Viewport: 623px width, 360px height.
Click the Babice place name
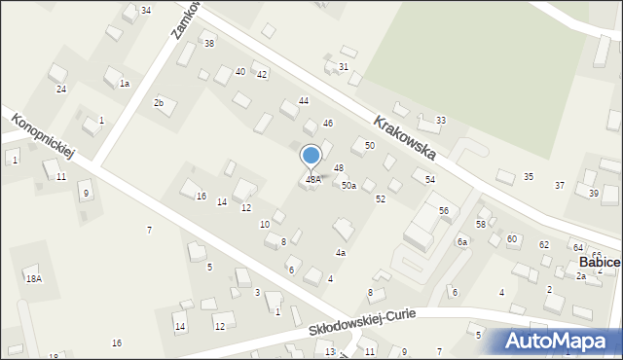pyautogui.click(x=600, y=263)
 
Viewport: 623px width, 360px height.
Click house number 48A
pyautogui.click(x=313, y=180)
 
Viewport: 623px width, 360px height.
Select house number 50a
pyautogui.click(x=348, y=186)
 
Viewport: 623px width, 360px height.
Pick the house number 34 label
pyautogui.click(x=146, y=11)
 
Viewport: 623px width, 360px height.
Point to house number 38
pyautogui.click(x=208, y=45)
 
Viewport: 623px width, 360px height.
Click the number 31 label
pyautogui.click(x=344, y=67)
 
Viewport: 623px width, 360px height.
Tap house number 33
pyautogui.click(x=441, y=121)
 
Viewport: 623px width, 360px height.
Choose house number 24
pyautogui.click(x=60, y=90)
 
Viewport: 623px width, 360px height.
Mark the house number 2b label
pyautogui.click(x=159, y=103)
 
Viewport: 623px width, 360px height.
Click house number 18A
pyautogui.click(x=34, y=279)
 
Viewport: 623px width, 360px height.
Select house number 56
pyautogui.click(x=444, y=211)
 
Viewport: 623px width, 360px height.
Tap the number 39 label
pyautogui.click(x=594, y=194)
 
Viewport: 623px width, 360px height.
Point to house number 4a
pyautogui.click(x=341, y=253)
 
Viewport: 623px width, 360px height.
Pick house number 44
pyautogui.click(x=304, y=102)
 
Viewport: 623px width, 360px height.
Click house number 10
pyautogui.click(x=265, y=225)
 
